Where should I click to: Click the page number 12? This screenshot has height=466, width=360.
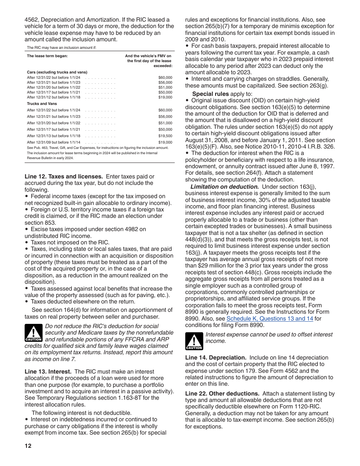(x=28, y=446)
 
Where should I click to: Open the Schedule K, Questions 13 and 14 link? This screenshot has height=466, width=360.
(x=269, y=319)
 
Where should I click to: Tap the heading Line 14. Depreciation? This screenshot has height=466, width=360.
(x=216, y=358)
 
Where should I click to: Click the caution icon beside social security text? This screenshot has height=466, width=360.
(x=33, y=333)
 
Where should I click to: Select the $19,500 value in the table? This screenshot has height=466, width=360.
(x=165, y=136)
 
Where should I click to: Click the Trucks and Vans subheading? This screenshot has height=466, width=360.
(x=42, y=103)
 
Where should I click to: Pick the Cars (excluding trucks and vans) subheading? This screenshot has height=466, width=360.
(x=57, y=72)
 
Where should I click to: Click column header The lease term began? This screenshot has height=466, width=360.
(x=47, y=56)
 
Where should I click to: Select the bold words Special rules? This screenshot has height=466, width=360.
(x=210, y=94)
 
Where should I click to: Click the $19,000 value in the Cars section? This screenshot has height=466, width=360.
(x=165, y=97)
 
